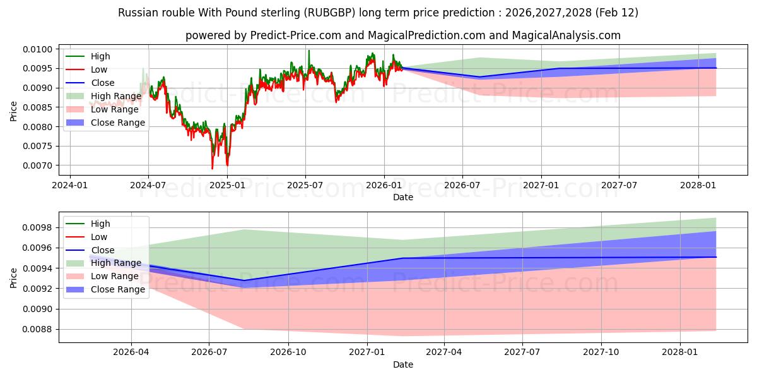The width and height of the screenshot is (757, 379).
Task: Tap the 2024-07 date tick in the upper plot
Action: coord(148,185)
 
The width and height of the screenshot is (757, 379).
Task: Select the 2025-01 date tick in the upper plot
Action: coord(227,185)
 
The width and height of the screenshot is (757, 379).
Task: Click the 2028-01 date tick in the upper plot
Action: coord(698,185)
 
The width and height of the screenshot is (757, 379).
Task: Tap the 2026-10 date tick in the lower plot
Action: coord(288,353)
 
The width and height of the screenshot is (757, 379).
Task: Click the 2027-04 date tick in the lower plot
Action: coord(444,353)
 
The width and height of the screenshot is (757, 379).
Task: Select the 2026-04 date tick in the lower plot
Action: coord(131,353)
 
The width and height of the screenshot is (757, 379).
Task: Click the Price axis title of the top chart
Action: coord(14,110)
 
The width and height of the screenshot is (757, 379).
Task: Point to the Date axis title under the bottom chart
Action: coord(403,364)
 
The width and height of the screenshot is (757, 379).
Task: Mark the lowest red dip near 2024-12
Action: coord(212,169)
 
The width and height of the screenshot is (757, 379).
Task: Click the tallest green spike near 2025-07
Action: coord(308,50)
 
